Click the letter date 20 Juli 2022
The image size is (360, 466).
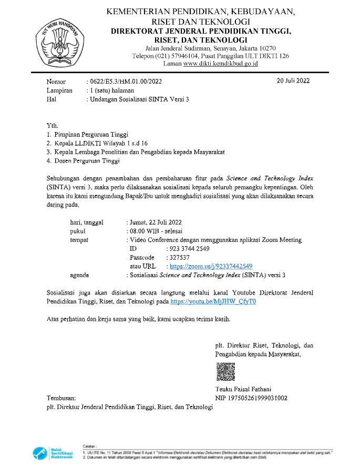click(x=293, y=81)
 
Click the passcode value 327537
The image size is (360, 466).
click(x=179, y=258)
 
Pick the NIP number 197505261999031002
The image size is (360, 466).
click(x=251, y=398)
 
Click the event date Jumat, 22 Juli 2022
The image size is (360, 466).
click(x=157, y=222)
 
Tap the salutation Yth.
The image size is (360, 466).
click(x=52, y=125)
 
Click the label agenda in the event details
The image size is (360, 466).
click(x=80, y=275)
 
